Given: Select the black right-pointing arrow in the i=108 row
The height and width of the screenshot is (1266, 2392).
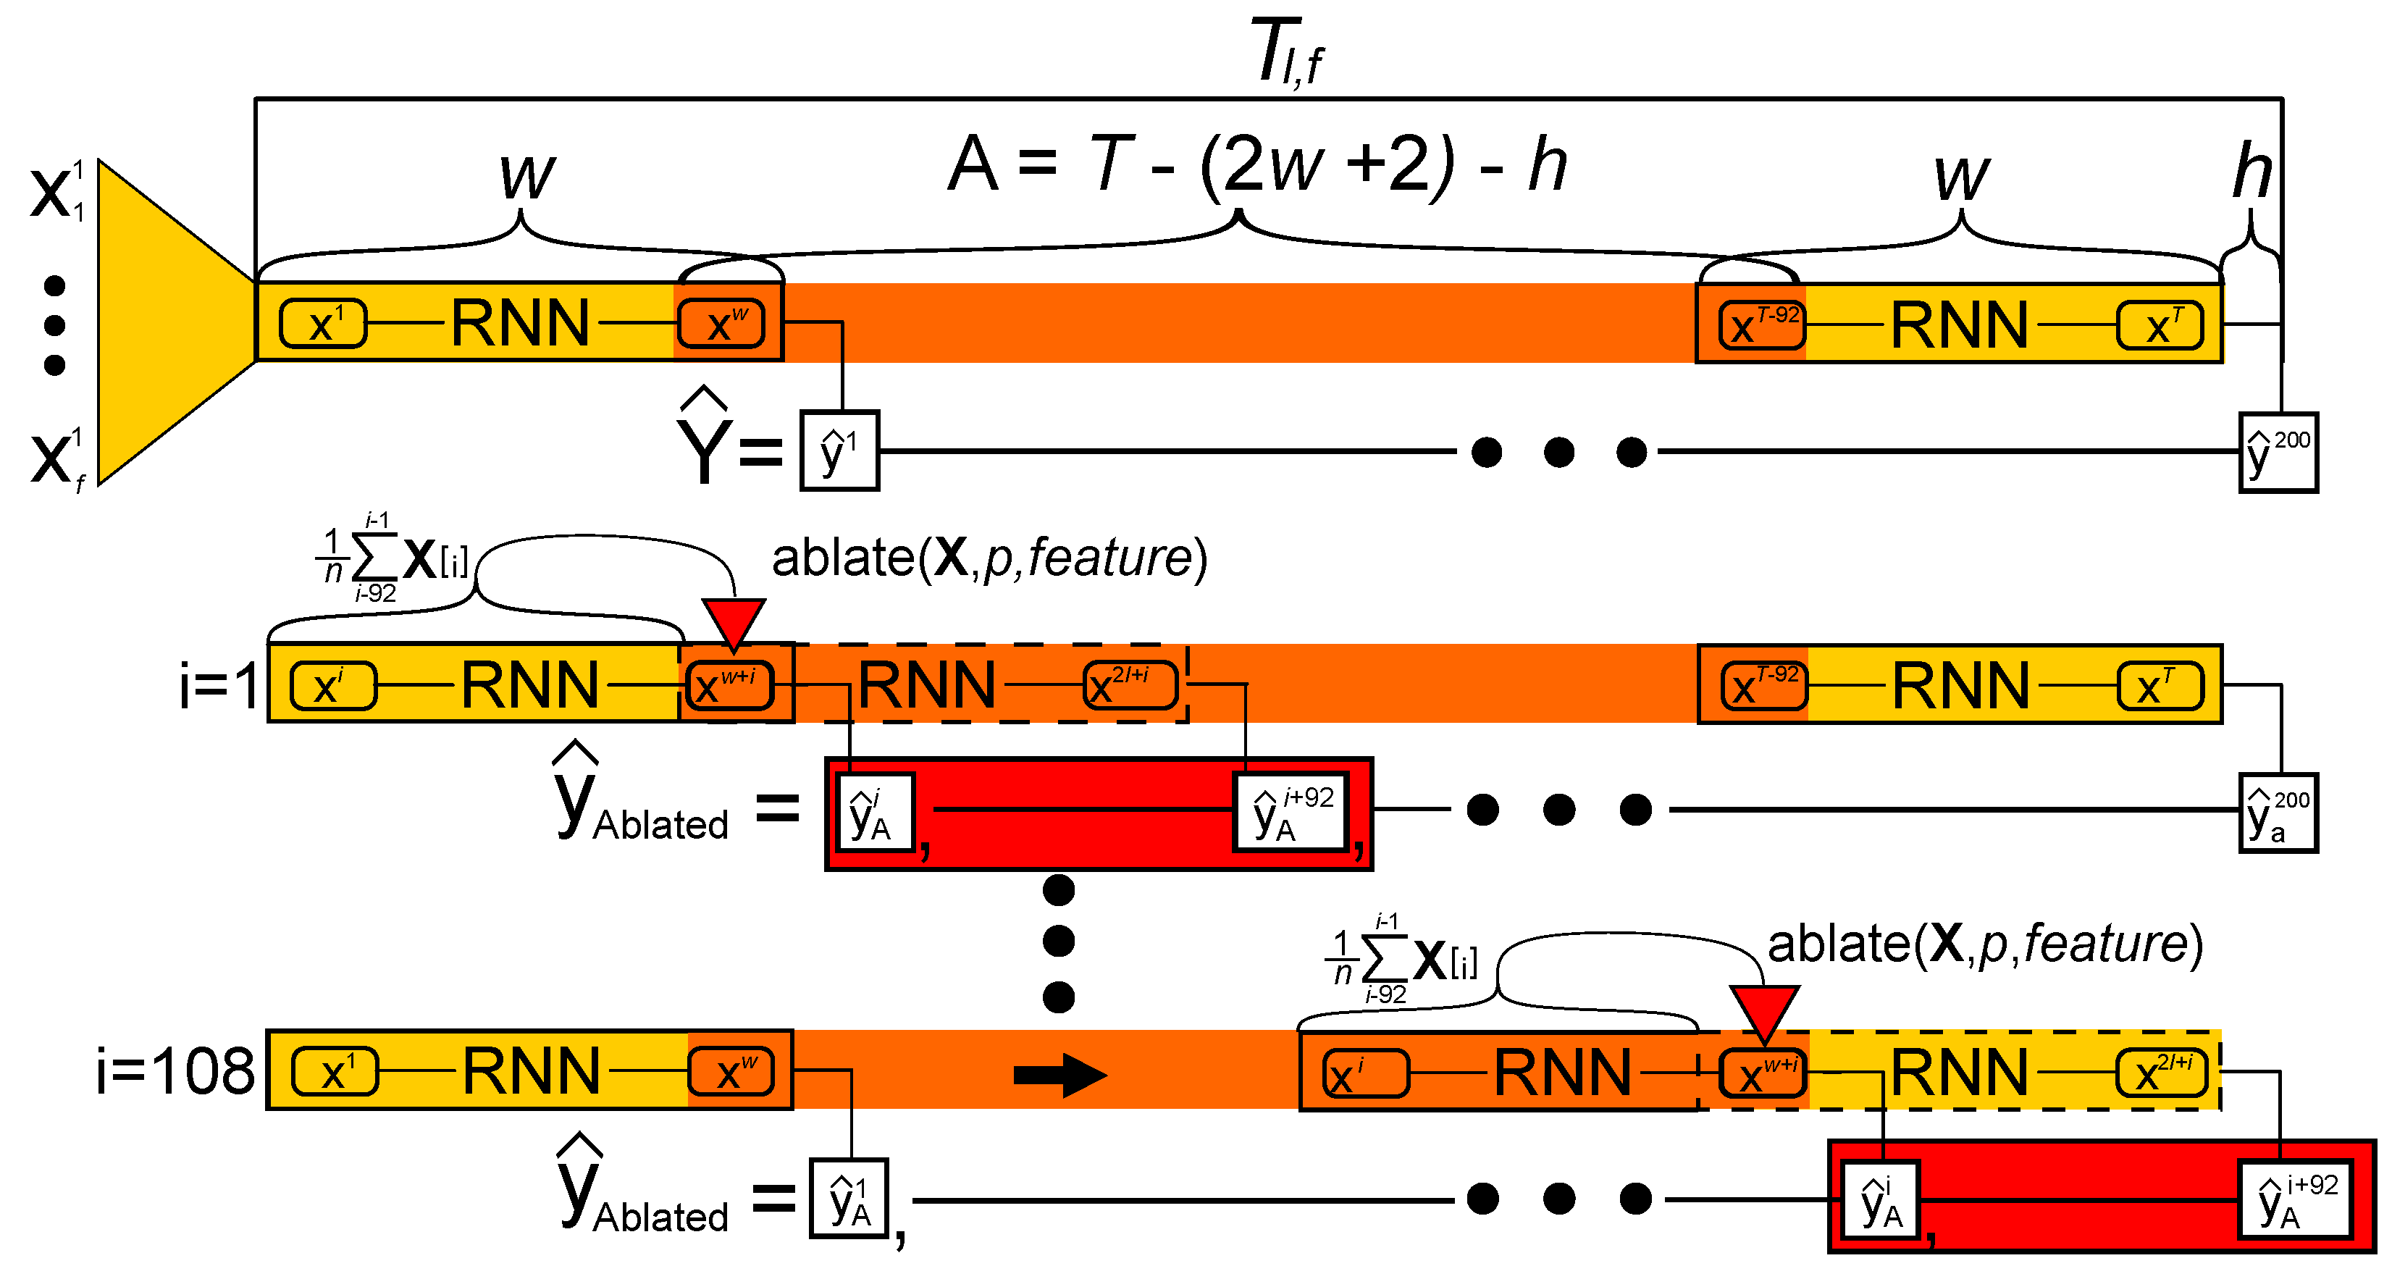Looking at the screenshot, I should pos(1059,1075).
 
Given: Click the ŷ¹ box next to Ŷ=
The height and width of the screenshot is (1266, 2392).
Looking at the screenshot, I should pos(839,450).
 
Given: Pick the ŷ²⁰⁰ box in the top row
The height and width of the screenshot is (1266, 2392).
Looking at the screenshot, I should pos(2278,453).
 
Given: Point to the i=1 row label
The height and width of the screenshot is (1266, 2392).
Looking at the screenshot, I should pos(219,685).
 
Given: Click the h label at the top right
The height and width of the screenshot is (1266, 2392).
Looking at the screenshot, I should pos(2252,172).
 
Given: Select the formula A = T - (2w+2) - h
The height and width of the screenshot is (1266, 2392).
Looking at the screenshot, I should pos(1256,164).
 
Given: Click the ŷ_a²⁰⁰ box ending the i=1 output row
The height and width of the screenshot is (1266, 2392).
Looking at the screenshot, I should pos(2278,813).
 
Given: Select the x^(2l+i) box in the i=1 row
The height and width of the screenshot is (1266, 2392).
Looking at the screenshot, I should pos(1130,685).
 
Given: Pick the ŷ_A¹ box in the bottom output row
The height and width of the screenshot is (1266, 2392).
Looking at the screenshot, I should pos(849,1198).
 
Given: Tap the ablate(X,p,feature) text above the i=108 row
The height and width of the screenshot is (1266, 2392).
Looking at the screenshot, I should pos(1984,944).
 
